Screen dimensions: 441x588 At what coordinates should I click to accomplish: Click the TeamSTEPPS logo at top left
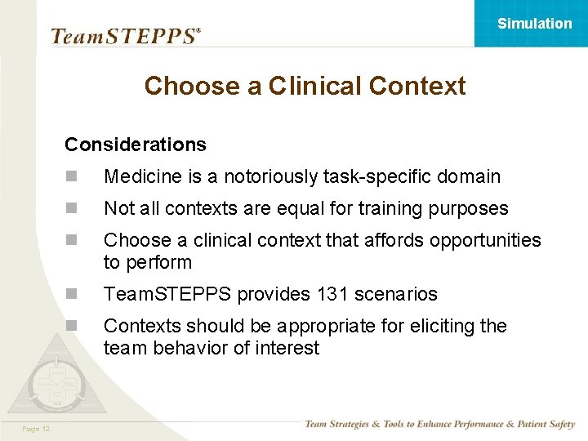coord(125,36)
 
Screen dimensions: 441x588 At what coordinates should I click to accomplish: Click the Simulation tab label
coord(534,24)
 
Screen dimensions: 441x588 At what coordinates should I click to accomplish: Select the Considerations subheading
coord(136,145)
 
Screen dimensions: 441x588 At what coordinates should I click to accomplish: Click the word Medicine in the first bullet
coord(138,176)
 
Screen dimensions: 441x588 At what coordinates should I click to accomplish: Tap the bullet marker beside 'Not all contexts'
coord(71,209)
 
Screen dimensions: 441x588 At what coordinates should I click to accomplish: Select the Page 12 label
coord(37,429)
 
